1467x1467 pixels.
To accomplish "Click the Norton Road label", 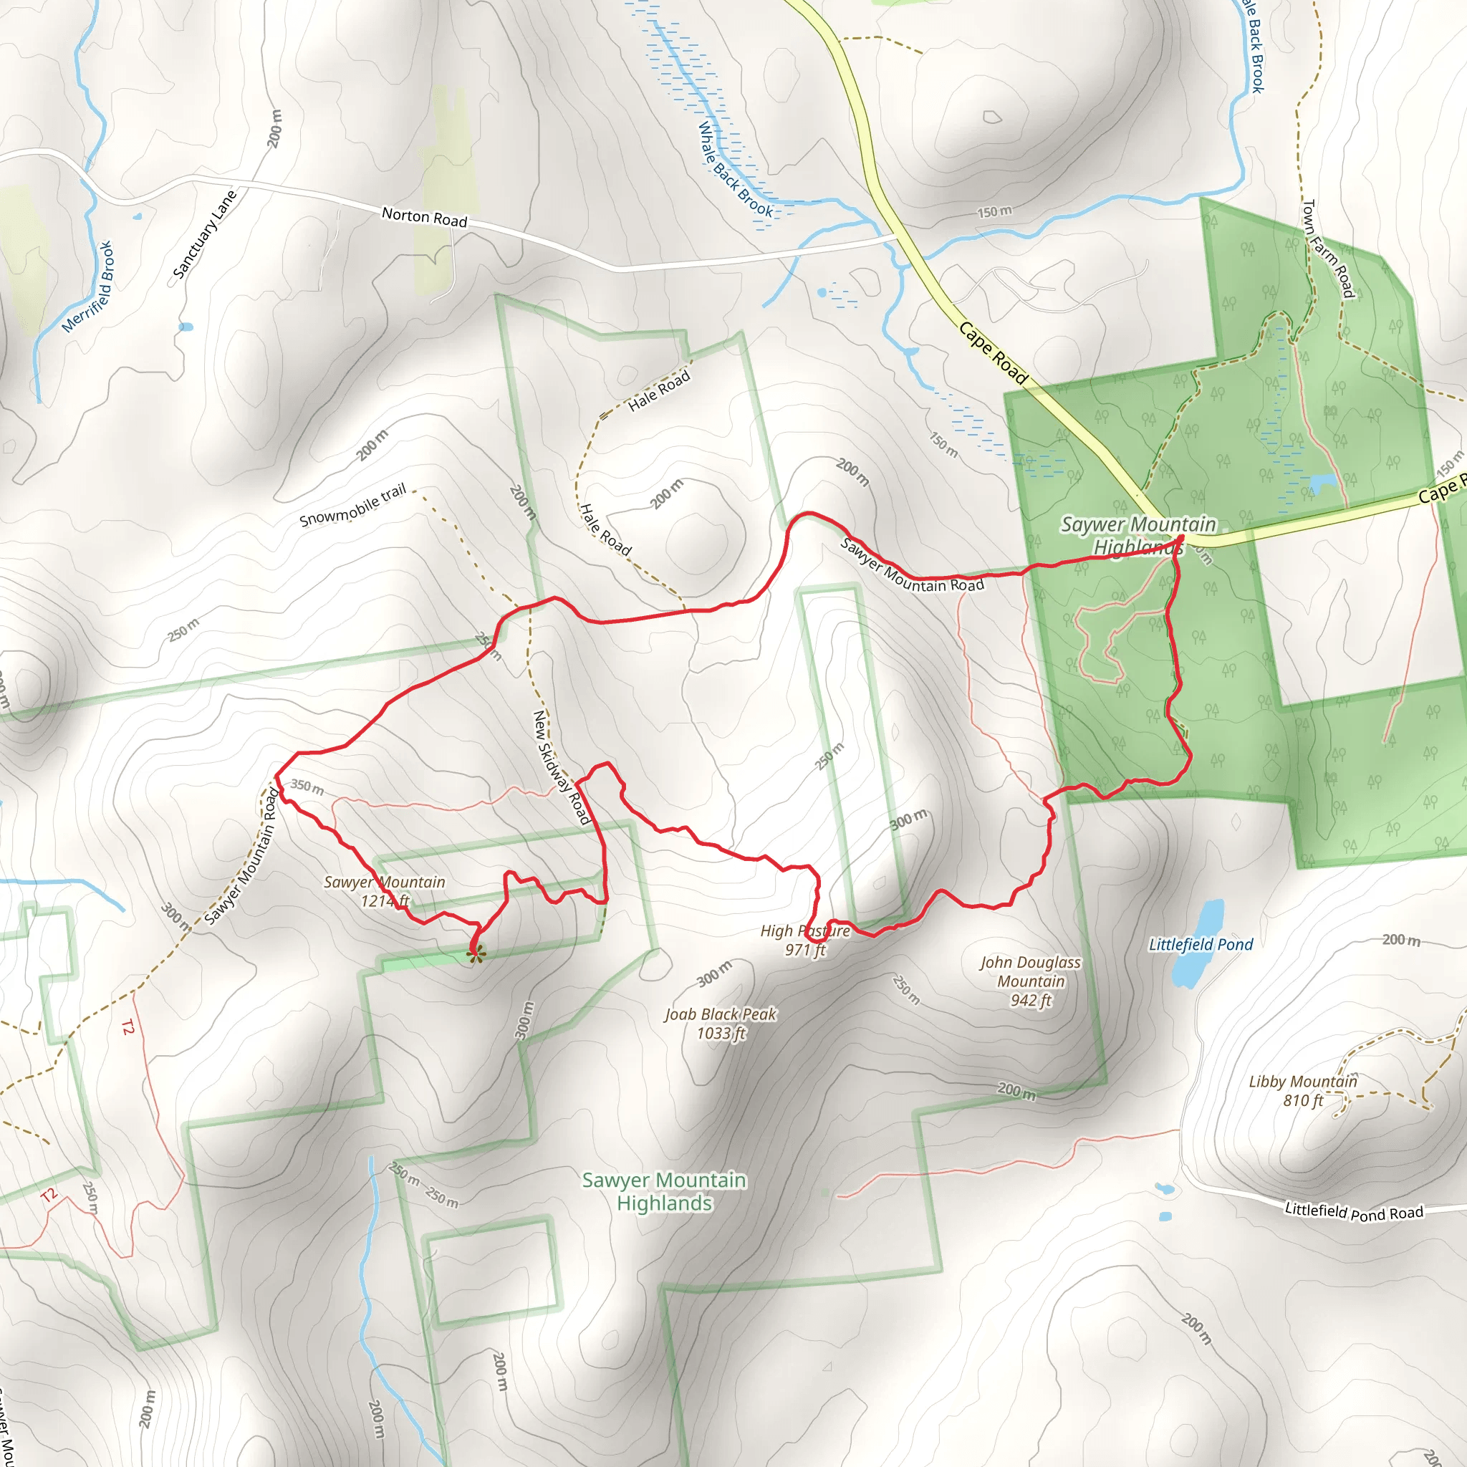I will point(424,217).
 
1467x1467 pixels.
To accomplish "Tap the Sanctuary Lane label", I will point(204,235).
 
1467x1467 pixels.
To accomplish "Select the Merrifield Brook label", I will point(88,287).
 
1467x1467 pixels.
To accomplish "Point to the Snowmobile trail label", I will point(353,506).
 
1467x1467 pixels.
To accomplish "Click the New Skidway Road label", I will point(561,767).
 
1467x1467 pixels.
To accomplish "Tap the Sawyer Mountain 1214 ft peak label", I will point(384,890).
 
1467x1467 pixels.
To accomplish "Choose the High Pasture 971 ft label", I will point(805,940).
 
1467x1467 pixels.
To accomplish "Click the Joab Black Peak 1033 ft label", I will point(721,1023).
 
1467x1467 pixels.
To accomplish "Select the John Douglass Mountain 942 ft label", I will point(1030,981).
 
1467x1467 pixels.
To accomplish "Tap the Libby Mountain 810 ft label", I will point(1303,1090).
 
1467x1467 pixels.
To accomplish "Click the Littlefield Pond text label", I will point(1201,945).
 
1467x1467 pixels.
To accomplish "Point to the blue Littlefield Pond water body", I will point(1198,941).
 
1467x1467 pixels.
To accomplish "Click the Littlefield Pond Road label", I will point(1353,1212).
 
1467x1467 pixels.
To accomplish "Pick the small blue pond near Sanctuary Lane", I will point(186,327).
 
